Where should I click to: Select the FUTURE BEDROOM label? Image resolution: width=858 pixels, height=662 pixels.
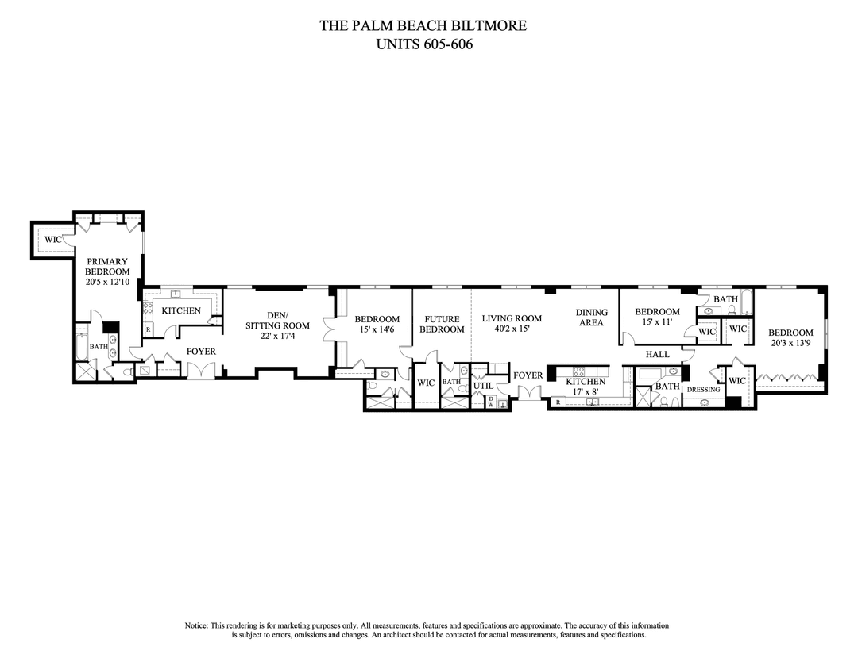click(x=442, y=324)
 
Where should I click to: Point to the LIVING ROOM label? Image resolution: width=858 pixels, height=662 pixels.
click(x=512, y=318)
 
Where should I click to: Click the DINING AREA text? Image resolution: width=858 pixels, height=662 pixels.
click(x=592, y=318)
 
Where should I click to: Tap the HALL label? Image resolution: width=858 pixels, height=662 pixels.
click(x=658, y=354)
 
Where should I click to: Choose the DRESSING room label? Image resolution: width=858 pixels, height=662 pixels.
click(x=703, y=390)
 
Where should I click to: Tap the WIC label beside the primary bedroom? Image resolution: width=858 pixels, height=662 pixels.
click(x=53, y=239)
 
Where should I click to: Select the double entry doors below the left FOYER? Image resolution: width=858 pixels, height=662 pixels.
click(x=201, y=371)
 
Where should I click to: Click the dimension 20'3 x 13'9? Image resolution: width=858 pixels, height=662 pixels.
click(x=790, y=344)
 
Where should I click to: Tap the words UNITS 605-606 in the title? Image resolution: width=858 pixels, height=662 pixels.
click(x=423, y=44)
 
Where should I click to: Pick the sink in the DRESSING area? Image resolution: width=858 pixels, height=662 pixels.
click(x=704, y=402)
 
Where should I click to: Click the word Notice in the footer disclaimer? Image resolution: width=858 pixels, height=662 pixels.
click(x=197, y=625)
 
